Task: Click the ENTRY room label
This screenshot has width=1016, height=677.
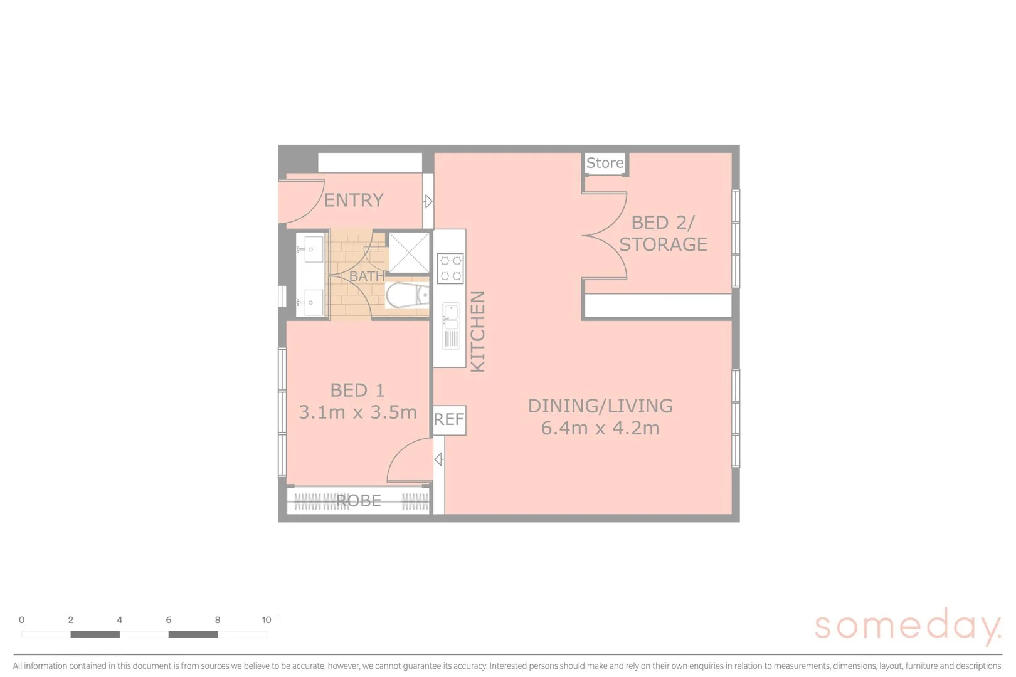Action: (353, 200)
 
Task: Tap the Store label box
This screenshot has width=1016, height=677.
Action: (605, 163)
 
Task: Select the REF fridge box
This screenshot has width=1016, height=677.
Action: (449, 419)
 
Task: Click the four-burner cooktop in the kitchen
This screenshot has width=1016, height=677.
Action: (450, 268)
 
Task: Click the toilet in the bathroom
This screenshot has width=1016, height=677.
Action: (406, 295)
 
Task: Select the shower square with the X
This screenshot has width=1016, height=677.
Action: (409, 253)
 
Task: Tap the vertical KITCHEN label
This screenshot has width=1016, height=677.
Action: (478, 332)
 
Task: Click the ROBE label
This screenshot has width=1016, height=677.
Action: (358, 501)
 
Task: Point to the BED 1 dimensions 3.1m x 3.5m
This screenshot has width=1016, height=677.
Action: (357, 412)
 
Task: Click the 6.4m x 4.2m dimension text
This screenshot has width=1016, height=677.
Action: (600, 428)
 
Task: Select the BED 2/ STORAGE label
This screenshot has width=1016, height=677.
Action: (663, 233)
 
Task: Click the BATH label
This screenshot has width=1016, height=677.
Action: (366, 276)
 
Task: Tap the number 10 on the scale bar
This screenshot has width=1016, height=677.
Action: (267, 620)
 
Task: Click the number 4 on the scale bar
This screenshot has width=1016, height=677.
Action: (119, 620)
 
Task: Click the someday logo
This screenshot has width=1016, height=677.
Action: (907, 626)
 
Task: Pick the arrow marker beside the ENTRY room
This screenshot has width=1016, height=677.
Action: (428, 201)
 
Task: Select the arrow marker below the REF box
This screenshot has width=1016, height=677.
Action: (438, 459)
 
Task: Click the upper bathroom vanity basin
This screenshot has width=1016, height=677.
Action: (310, 249)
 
